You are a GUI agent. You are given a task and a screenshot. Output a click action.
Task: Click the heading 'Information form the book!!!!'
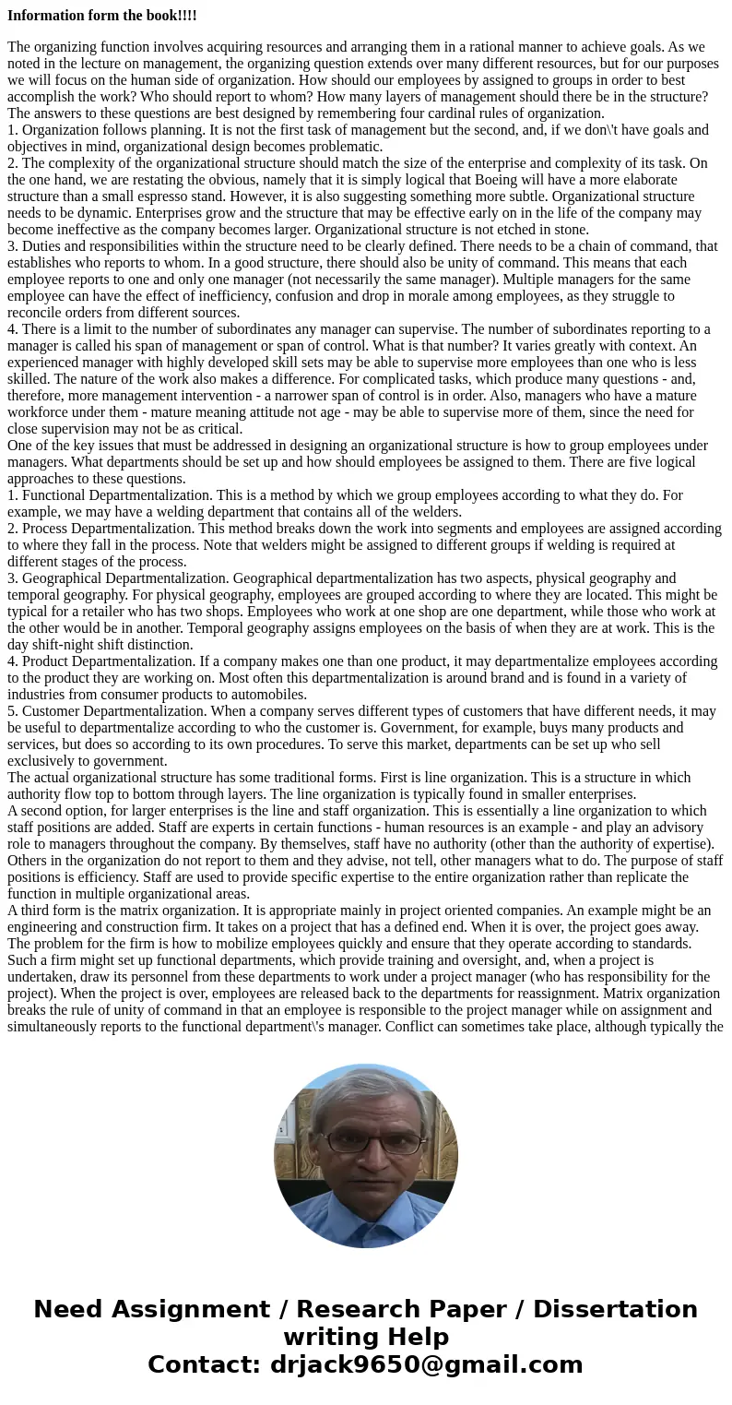click(x=101, y=16)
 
